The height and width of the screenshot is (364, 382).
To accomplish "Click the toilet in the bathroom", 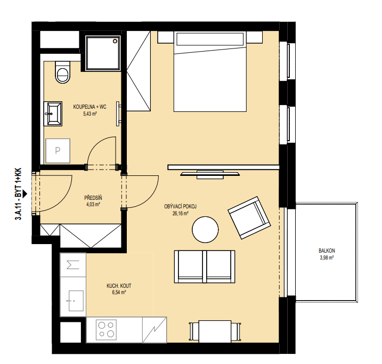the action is [x=63, y=72].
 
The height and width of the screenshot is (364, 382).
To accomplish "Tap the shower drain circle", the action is [x=115, y=41].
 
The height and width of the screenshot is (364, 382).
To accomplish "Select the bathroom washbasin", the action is [x=53, y=114].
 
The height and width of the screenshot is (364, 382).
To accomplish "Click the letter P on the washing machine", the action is [x=58, y=151].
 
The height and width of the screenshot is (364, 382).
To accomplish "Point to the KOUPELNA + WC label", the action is [x=90, y=107].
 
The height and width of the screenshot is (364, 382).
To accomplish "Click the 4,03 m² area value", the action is [x=93, y=204].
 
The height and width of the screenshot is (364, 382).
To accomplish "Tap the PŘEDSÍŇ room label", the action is [x=93, y=197].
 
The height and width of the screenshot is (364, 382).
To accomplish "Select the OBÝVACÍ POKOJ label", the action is [x=180, y=207].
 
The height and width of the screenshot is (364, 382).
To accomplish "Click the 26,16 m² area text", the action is [x=180, y=213].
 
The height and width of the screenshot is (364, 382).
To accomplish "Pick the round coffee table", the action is [x=205, y=230].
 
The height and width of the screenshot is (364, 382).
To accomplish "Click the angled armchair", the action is [x=249, y=217].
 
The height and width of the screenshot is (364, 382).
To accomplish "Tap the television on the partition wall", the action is [x=210, y=174].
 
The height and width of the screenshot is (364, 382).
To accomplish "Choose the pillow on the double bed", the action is [x=210, y=39].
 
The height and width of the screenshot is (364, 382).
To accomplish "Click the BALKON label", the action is [x=327, y=250].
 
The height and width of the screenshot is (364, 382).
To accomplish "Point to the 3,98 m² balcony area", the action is [x=327, y=257].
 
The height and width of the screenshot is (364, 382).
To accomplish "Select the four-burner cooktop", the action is [x=106, y=330].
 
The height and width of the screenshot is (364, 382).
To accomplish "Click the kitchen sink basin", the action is [x=76, y=301].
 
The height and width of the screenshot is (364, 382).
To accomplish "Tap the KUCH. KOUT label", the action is [x=119, y=286].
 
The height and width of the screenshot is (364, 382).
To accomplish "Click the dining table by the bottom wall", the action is [x=215, y=331].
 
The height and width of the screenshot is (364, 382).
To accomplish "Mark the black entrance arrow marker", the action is [x=25, y=194].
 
